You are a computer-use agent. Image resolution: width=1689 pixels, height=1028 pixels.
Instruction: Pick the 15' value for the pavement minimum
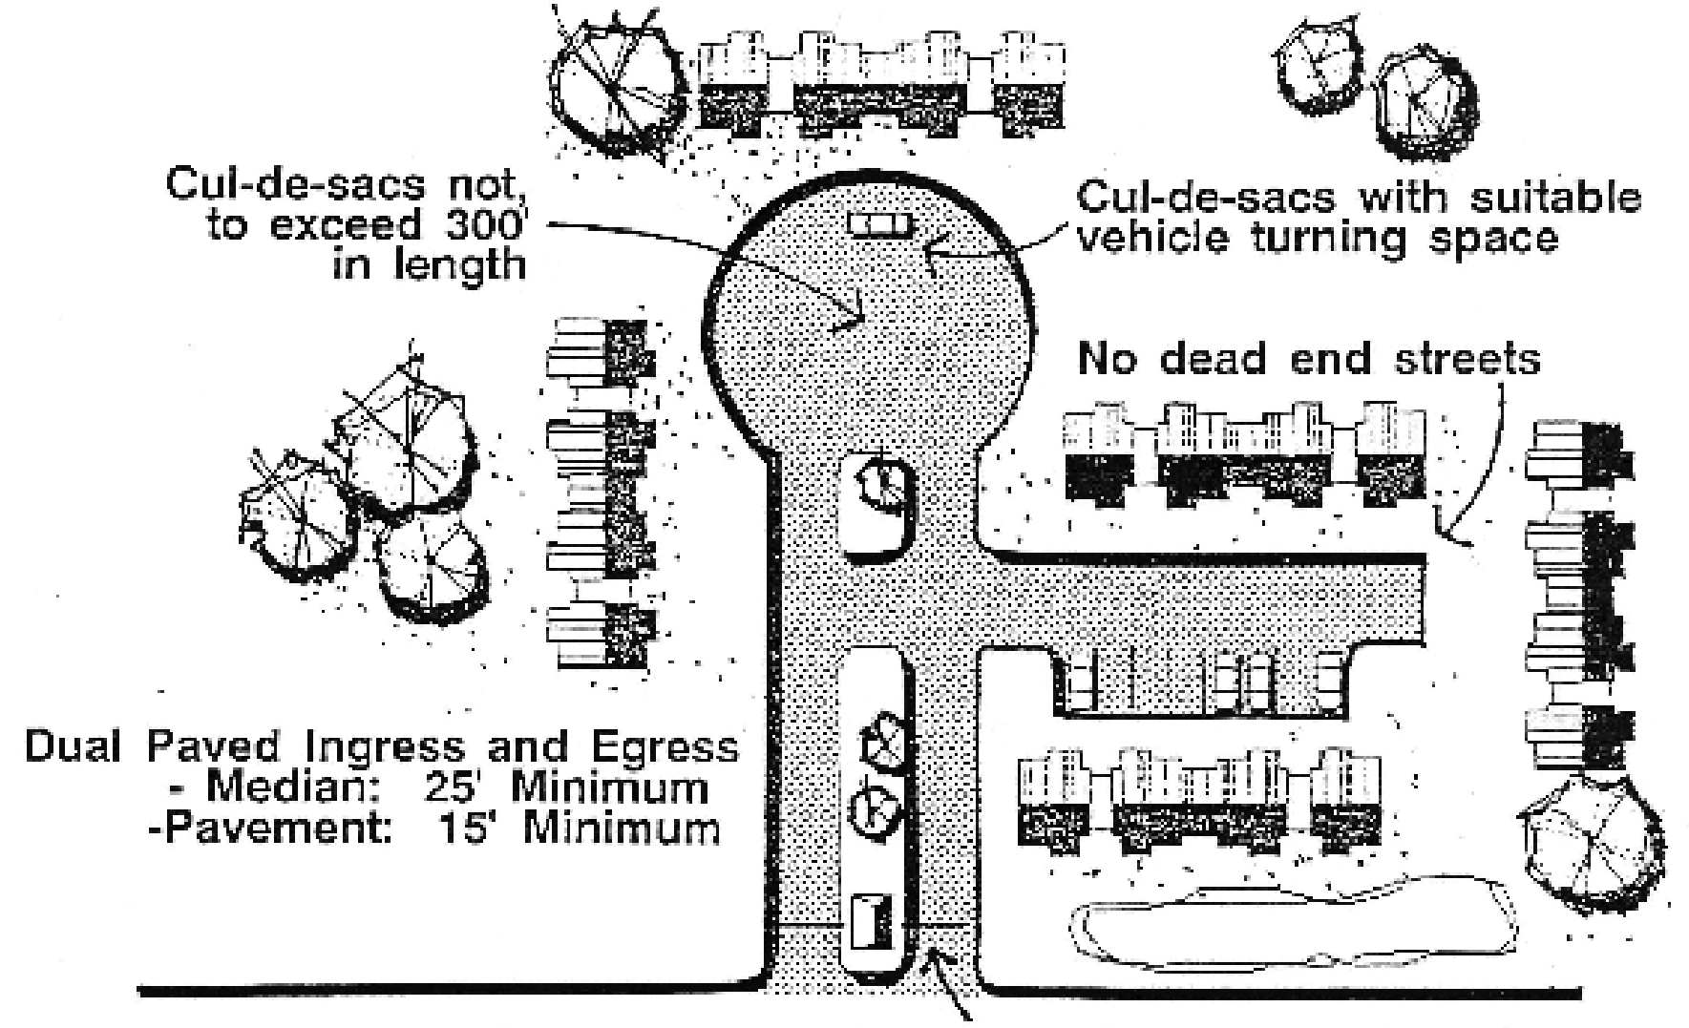click(x=470, y=827)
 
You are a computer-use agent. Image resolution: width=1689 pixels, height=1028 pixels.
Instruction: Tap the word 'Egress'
click(x=669, y=747)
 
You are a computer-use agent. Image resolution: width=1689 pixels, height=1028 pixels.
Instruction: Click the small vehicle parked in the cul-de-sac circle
click(x=880, y=224)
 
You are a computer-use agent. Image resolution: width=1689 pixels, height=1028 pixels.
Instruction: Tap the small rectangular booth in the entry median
click(x=871, y=921)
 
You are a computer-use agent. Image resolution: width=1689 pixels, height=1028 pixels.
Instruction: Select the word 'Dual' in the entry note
click(x=72, y=747)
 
